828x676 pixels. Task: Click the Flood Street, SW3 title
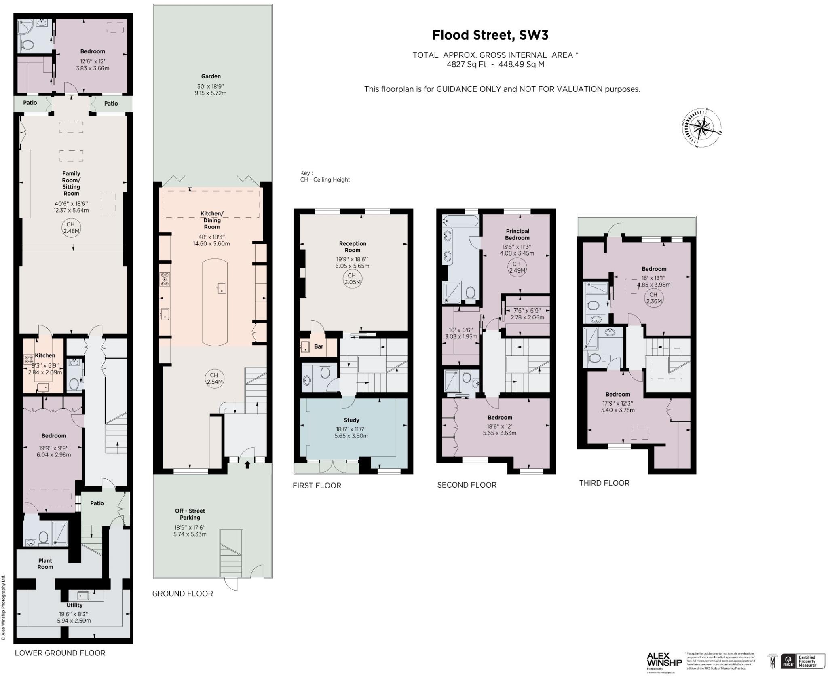point(490,35)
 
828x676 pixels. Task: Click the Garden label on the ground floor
point(211,76)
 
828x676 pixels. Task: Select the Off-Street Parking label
point(190,514)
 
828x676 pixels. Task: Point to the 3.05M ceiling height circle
point(352,279)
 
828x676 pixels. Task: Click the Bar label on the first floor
point(319,346)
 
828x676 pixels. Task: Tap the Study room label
point(351,420)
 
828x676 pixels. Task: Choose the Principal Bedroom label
point(517,234)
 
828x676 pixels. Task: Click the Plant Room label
point(45,564)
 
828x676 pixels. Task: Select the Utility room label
point(74,605)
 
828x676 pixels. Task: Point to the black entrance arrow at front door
point(247,465)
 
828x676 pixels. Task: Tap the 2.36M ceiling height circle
point(653,298)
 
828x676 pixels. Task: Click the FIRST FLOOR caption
point(317,486)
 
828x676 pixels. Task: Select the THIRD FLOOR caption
point(604,483)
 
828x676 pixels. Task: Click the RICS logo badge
point(788,661)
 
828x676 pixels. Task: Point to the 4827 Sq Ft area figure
point(466,64)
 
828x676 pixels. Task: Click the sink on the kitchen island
point(221,289)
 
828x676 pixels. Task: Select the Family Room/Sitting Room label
point(71,184)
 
